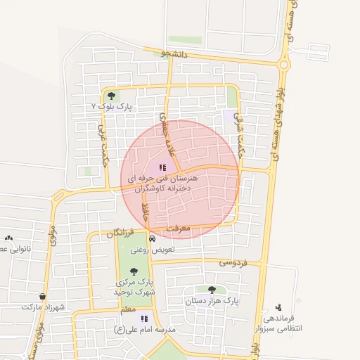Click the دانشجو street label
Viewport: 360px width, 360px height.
click(174, 53)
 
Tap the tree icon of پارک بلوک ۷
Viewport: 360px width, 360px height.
click(111, 95)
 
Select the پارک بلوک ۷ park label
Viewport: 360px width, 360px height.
click(112, 105)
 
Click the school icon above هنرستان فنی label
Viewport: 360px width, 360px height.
click(162, 168)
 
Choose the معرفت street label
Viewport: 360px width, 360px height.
click(180, 229)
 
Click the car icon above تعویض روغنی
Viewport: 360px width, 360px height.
click(143, 239)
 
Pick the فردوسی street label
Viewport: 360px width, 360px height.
click(233, 263)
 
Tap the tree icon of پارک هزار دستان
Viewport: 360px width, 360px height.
click(212, 289)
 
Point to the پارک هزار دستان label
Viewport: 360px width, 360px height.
click(212, 300)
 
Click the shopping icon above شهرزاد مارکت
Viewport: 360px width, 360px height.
click(44, 297)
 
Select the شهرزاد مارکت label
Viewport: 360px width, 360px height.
click(42, 307)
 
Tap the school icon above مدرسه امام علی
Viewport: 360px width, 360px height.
click(144, 319)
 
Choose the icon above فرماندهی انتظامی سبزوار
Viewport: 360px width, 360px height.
click(279, 307)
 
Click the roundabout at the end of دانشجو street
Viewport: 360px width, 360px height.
click(284, 65)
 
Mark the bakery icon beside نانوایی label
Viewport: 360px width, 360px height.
click(8, 238)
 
